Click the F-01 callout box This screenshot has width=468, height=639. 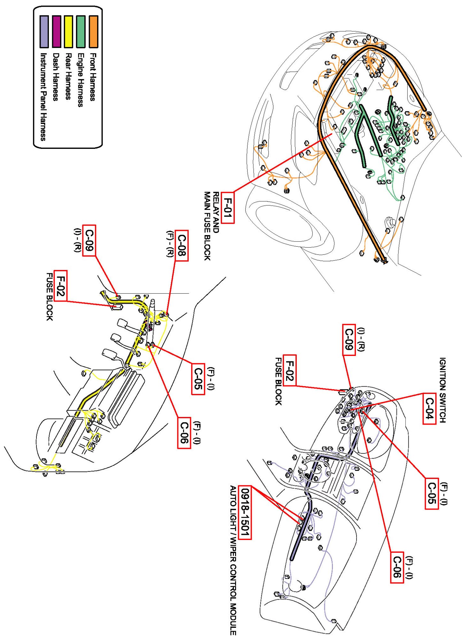click(227, 208)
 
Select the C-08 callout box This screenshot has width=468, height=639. click(181, 245)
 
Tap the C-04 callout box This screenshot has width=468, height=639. click(429, 409)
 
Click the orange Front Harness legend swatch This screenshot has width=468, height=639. click(94, 31)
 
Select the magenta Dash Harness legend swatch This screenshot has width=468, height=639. click(57, 31)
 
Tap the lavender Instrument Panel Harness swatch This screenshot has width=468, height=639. click(44, 31)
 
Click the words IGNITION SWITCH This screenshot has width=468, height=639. click(442, 390)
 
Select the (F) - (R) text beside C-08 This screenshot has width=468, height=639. click(170, 244)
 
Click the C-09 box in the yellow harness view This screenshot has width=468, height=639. click(89, 241)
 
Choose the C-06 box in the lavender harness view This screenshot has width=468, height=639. click(397, 567)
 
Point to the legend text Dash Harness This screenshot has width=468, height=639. click(56, 77)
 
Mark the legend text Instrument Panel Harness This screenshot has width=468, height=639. click(43, 96)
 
